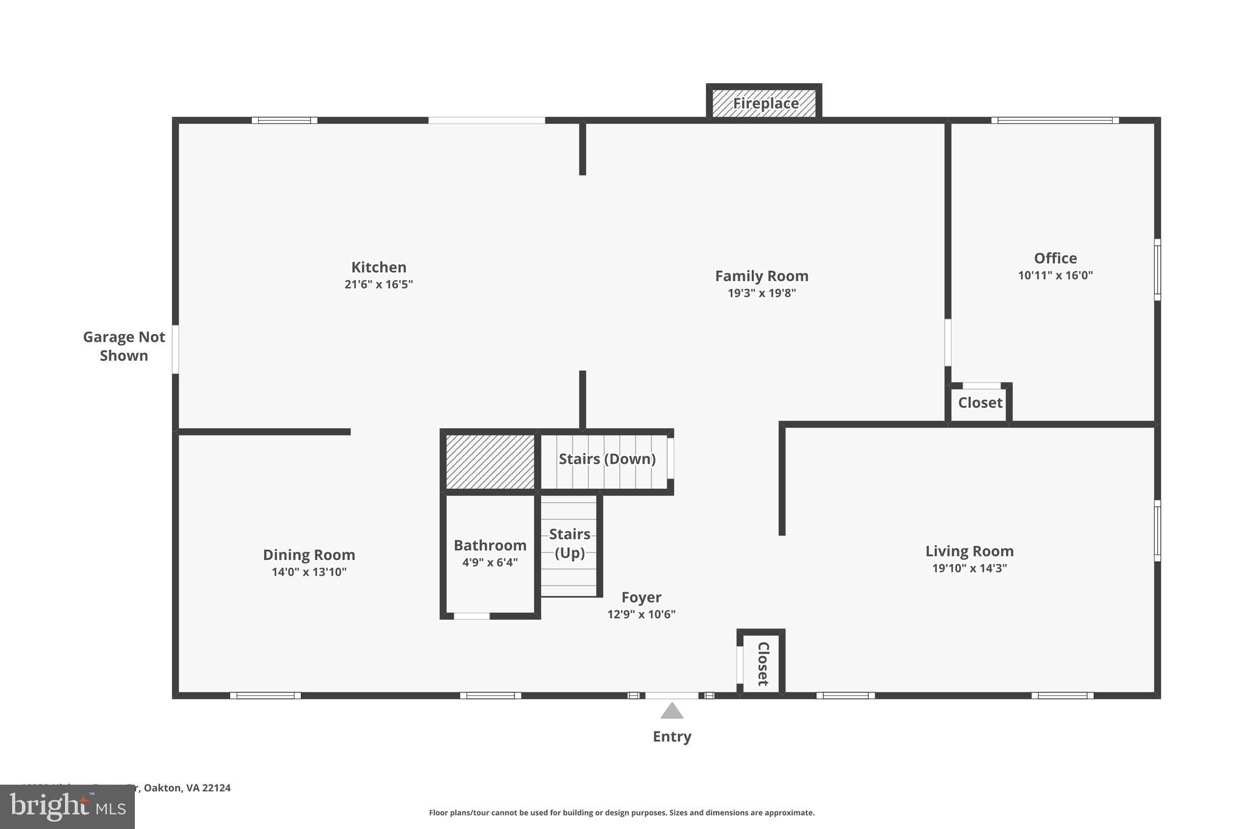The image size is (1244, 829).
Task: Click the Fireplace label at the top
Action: point(765,103)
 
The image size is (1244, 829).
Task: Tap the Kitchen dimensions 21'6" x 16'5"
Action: point(378,284)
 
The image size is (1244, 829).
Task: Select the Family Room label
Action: point(761,276)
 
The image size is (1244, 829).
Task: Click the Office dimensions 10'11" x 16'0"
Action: point(1055,275)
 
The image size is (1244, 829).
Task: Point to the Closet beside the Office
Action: point(980,403)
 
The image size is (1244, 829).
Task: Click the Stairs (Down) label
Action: point(607,459)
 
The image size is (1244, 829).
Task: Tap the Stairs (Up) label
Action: point(569,543)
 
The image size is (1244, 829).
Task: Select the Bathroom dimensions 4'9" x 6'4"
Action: point(490,562)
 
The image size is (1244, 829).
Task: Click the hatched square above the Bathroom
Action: point(490,462)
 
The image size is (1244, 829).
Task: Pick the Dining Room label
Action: point(309,554)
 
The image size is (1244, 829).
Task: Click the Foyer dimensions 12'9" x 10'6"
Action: point(641,614)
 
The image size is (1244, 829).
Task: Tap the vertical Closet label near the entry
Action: point(763,663)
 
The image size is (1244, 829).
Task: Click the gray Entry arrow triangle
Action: point(671,711)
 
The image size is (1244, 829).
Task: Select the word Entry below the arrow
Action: point(672,737)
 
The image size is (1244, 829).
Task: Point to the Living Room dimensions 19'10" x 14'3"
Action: point(969,568)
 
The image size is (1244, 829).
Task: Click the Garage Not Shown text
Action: point(124,346)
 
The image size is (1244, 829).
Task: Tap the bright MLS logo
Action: point(67,807)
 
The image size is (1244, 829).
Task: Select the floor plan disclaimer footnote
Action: point(621,813)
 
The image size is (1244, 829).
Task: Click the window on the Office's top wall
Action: point(1054,120)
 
